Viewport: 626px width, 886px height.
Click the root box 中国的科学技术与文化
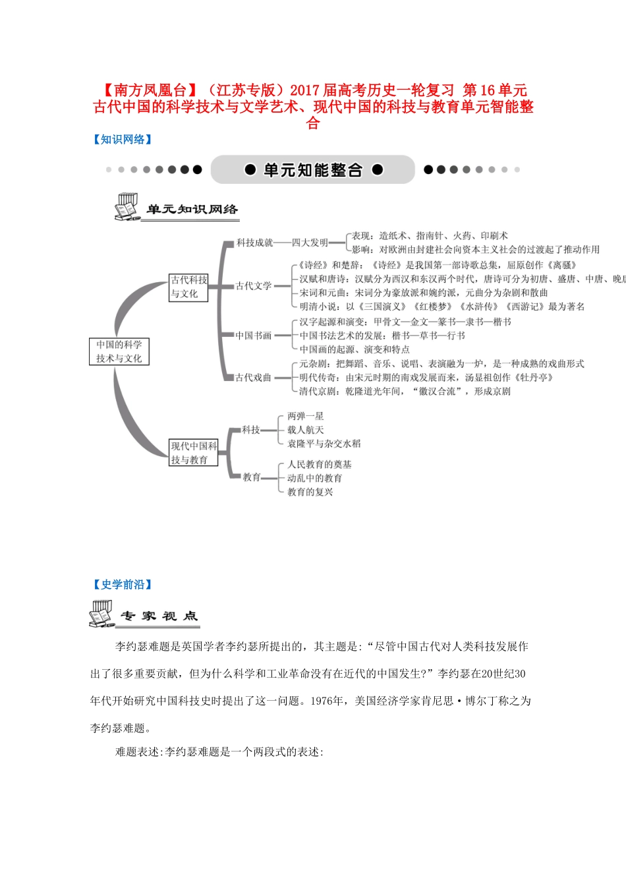point(119,351)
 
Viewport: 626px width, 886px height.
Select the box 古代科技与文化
point(188,287)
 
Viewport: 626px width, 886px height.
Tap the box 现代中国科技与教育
point(194,453)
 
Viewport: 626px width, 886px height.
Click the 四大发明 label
point(310,243)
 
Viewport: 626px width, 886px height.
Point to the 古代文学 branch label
point(254,285)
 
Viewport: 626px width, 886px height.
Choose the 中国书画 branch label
point(254,336)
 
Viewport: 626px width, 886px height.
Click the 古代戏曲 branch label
point(254,377)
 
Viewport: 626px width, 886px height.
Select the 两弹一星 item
point(305,416)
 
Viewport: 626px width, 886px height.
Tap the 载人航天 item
point(305,430)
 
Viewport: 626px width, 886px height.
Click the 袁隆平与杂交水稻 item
point(324,444)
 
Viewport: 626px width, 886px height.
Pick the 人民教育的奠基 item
point(319,464)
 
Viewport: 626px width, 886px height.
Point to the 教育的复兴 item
point(310,492)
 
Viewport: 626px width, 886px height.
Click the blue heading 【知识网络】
point(123,139)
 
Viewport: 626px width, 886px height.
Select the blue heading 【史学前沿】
point(123,584)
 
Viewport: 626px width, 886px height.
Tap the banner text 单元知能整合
point(313,170)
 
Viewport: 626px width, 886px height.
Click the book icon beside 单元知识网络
point(126,206)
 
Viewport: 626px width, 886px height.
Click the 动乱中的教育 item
point(314,478)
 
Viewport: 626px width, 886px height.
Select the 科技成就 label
point(254,243)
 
